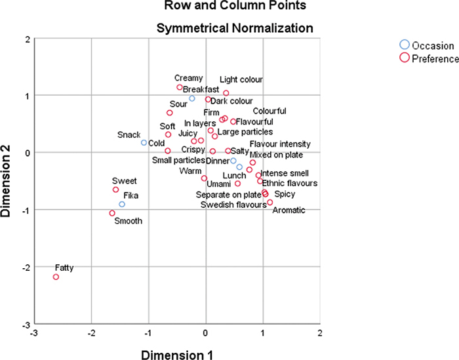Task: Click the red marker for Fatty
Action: (56, 277)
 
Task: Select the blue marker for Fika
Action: (122, 205)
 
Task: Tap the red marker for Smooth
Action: (112, 213)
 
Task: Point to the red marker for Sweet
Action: (115, 190)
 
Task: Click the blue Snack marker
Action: (144, 142)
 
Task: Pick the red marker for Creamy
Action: (180, 87)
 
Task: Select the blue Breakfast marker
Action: (192, 98)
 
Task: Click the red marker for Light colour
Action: (226, 93)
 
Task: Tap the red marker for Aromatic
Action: (270, 203)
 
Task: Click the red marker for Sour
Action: (169, 113)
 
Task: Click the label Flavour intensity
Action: (280, 144)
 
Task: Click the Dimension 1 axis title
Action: (177, 354)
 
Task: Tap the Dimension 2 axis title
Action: (9, 181)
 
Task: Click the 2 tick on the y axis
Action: (27, 39)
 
